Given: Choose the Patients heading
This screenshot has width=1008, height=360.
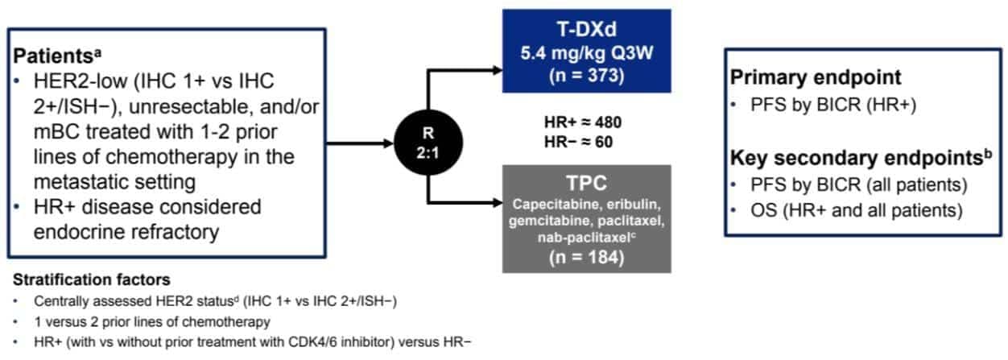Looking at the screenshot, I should click(56, 59).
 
